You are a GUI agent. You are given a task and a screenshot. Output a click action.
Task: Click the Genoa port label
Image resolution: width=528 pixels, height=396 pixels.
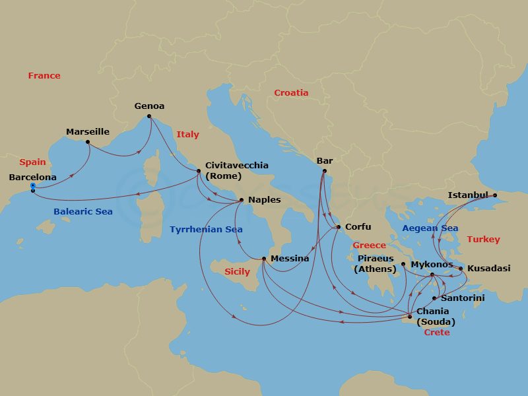149,106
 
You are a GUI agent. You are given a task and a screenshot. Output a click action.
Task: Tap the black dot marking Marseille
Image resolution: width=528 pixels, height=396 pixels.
88,142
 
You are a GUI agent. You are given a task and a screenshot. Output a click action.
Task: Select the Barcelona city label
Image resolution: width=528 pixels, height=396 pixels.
32,178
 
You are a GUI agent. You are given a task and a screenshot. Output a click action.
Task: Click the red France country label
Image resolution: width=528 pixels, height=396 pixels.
44,76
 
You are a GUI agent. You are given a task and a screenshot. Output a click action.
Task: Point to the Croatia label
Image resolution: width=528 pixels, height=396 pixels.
291,93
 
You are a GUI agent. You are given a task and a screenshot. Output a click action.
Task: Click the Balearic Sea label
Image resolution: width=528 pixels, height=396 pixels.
83,212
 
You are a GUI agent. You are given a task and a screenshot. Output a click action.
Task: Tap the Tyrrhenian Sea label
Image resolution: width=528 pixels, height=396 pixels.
206,230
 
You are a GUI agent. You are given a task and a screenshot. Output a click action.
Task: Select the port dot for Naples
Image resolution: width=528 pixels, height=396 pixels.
242,200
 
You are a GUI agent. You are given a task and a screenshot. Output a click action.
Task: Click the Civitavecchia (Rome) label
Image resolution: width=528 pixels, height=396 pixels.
236,171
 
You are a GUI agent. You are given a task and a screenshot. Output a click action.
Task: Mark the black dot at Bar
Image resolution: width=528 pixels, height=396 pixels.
324,172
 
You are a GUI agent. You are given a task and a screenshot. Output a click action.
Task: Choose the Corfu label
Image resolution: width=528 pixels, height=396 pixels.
358,227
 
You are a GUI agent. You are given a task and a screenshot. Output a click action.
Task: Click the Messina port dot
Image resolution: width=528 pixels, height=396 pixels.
263,258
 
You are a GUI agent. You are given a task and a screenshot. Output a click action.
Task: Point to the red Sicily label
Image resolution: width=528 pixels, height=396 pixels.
237,272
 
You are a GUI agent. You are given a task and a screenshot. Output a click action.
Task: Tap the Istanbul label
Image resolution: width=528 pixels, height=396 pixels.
468,195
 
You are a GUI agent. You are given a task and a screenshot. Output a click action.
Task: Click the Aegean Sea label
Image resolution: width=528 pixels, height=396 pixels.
430,228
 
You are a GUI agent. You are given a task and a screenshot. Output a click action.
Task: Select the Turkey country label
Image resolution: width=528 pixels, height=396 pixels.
483,240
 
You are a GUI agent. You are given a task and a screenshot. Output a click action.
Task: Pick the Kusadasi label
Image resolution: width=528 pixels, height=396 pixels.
488,269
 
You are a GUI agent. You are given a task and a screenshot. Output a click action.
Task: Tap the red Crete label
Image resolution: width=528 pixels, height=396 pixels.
436,333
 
